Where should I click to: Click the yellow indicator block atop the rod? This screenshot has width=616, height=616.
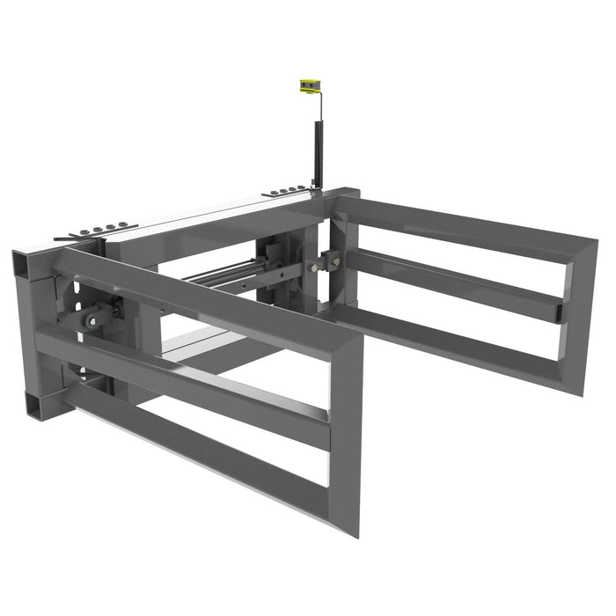click(307, 86)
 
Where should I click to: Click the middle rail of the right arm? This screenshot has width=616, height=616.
click(458, 284)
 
